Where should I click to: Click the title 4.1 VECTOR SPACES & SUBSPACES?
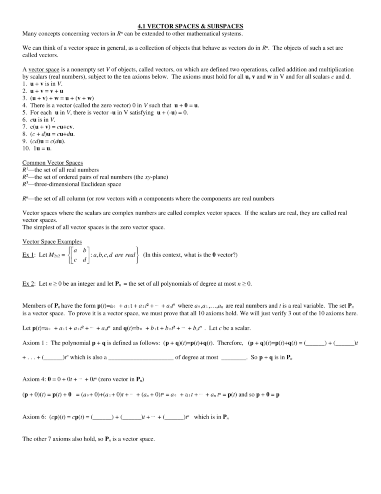pos(190,26)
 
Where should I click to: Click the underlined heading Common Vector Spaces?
pos(52,163)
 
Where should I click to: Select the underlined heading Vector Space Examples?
pos(52,242)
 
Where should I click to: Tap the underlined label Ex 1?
pos(29,255)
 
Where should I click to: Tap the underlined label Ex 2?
pos(29,284)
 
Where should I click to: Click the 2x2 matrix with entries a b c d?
pos(80,255)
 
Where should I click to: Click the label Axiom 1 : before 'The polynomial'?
pos(35,343)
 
